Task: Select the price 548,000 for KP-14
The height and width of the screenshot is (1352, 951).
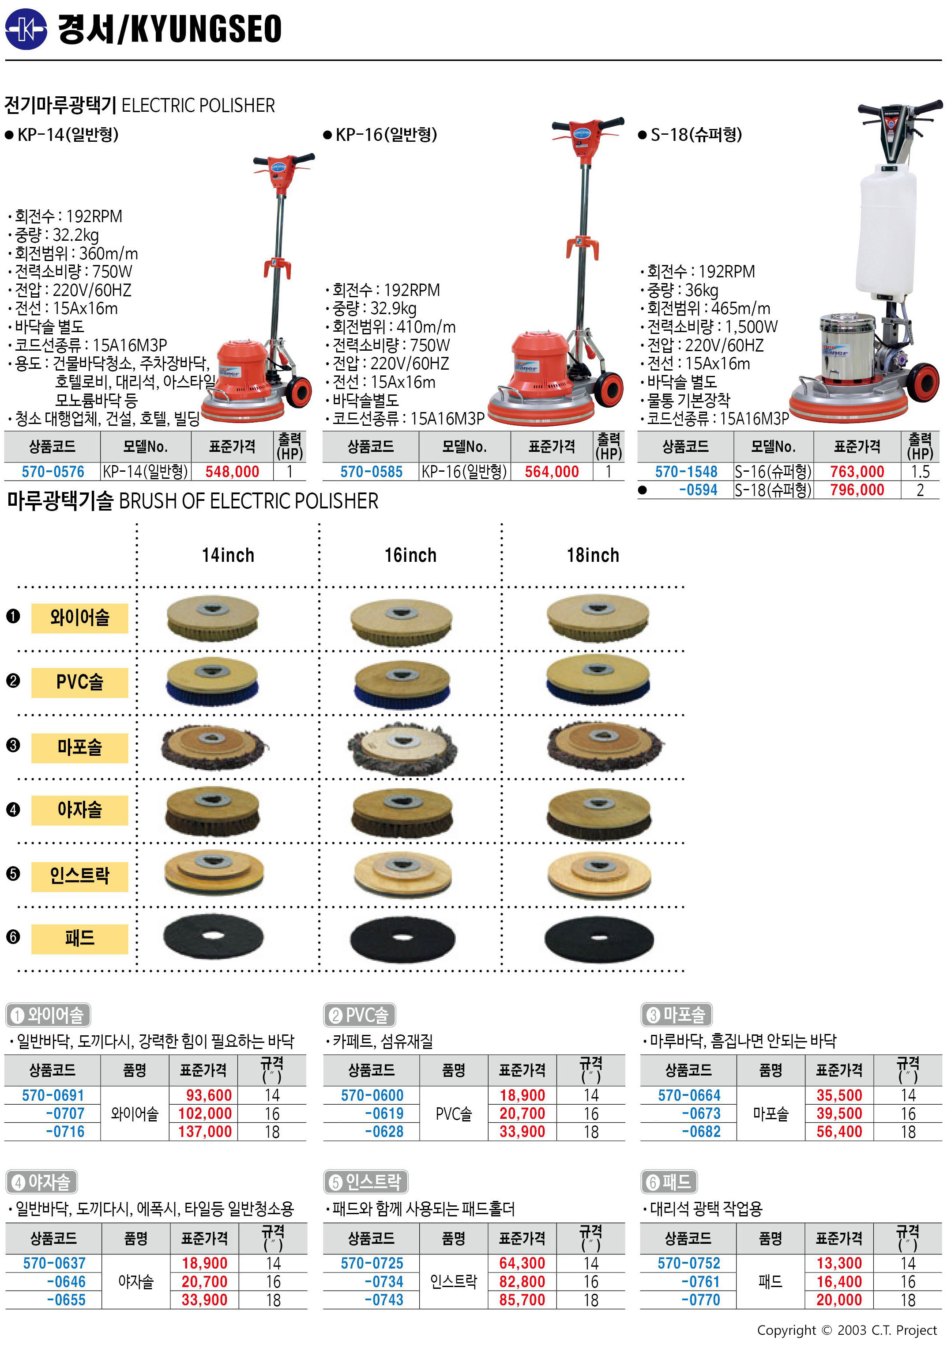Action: [233, 472]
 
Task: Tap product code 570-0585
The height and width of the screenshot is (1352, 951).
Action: [371, 472]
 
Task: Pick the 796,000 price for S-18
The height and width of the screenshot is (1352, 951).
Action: [857, 490]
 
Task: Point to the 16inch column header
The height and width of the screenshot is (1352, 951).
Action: [411, 555]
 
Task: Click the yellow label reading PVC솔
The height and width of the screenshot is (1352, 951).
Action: [79, 682]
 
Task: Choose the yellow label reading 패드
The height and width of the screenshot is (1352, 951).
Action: [79, 939]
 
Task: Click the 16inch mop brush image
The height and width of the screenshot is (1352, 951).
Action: [402, 748]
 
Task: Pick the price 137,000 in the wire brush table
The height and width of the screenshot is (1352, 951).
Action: [205, 1132]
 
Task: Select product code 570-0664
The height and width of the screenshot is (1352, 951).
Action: [689, 1095]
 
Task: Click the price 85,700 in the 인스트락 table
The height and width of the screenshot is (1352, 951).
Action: [522, 1300]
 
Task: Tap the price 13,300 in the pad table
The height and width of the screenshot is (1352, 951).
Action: [839, 1264]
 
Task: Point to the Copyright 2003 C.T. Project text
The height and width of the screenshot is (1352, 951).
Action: [847, 1330]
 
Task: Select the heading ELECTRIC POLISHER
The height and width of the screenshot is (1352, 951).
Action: [198, 106]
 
